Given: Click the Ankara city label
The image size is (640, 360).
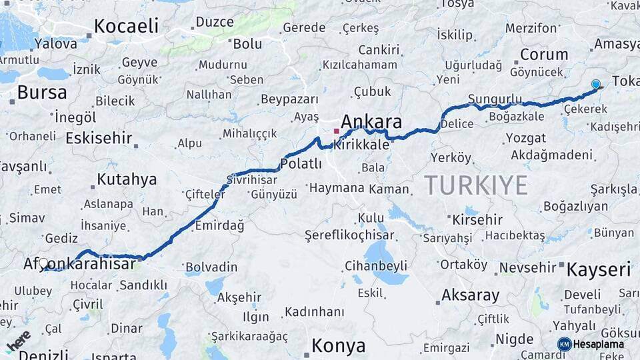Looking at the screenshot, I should coord(371,122).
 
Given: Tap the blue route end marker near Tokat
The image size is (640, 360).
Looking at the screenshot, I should coord(595,85).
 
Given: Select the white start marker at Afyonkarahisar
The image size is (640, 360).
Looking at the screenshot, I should coord(44,264).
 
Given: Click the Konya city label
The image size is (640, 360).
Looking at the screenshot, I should coord(339,346).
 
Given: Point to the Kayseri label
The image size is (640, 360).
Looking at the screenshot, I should coord(598,270).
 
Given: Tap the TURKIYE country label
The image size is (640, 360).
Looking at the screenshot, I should coord(475,185).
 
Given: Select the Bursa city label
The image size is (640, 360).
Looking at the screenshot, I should coord(42,92).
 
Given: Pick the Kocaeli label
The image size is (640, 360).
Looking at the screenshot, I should coord(126,26).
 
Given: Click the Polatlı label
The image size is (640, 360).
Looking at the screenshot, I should coord(301,163).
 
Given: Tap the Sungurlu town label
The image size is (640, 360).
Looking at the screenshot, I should coord(495,99).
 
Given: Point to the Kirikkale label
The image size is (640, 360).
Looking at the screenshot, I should coord(361,144).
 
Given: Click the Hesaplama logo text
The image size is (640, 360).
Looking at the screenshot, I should coord(599,344).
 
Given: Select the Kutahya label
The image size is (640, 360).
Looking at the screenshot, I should coord(127,179).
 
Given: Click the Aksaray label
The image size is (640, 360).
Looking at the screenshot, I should coord(470,295).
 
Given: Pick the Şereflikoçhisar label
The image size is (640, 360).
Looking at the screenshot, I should coord(349,235).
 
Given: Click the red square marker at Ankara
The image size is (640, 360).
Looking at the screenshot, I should coord(336,131).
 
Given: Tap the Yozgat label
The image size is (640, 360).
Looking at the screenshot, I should coord(525,138).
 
